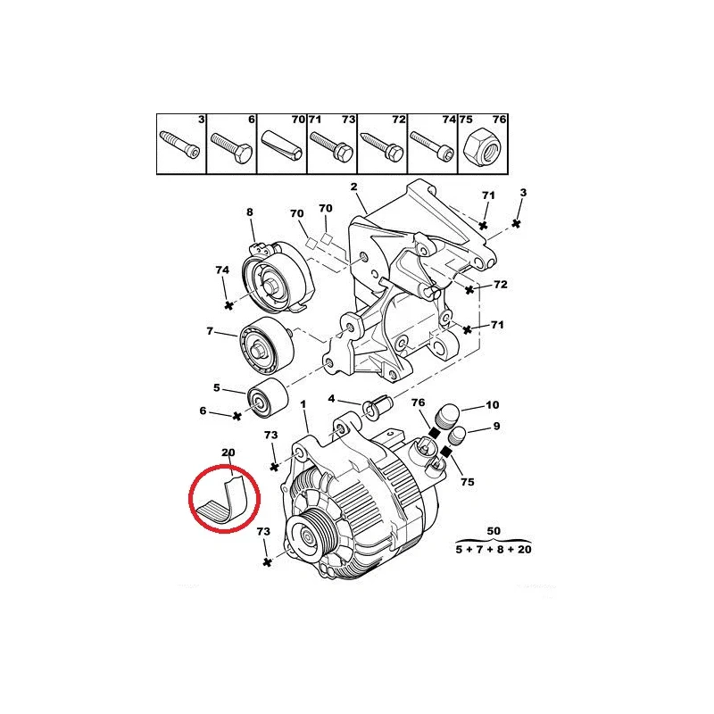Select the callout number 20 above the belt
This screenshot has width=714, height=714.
pyautogui.click(x=228, y=452)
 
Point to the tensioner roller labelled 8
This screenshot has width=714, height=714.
pyautogui.click(x=278, y=277)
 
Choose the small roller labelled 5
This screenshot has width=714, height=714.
pyautogui.click(x=267, y=397)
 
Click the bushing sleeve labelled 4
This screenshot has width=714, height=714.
pyautogui.click(x=378, y=406)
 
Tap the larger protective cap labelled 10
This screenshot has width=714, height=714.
pyautogui.click(x=447, y=415)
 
